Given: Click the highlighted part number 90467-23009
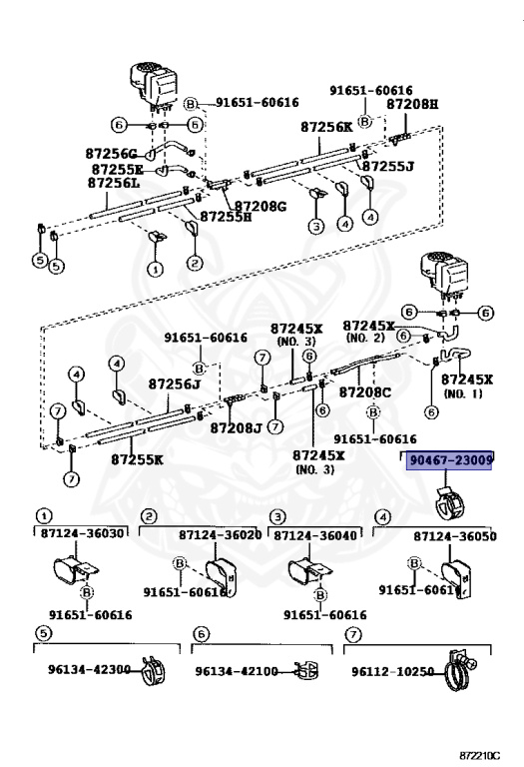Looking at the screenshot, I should point(450,461).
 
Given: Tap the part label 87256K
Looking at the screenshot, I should point(326,128).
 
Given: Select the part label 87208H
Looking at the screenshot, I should point(412,104).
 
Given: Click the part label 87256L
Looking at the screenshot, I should point(113,183).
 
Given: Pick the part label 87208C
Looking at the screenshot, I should point(366,392).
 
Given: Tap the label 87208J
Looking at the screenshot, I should point(236,427).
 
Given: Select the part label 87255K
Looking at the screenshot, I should point(137,460).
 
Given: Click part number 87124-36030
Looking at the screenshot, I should point(83,534).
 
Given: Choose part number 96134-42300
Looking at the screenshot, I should point(88,669).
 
